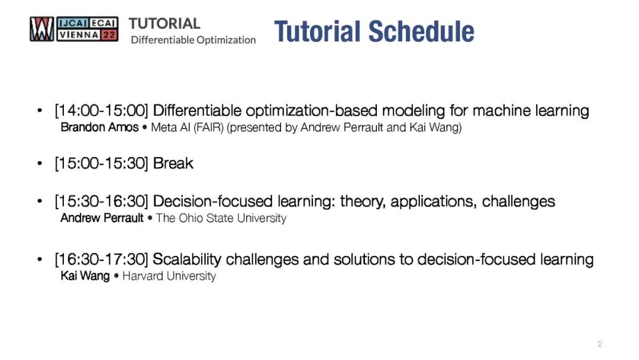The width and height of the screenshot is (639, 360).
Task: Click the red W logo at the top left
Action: click(x=41, y=29)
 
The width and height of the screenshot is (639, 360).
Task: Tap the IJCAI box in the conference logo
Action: click(x=72, y=23)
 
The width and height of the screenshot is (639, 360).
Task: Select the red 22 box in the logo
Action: click(x=109, y=35)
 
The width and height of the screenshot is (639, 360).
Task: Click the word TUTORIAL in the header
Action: click(x=164, y=24)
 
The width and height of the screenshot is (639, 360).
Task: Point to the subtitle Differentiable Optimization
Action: click(x=193, y=40)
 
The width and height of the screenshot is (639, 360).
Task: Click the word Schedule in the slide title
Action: click(x=421, y=31)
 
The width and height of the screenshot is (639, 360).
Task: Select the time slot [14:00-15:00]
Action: click(x=101, y=111)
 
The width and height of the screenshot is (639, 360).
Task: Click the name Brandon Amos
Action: click(x=99, y=127)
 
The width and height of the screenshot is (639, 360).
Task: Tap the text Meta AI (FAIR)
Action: click(x=188, y=128)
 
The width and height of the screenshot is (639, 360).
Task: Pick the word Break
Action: click(x=173, y=163)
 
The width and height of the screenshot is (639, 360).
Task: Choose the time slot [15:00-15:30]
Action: click(x=101, y=163)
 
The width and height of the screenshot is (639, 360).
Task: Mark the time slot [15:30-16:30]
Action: click(x=101, y=201)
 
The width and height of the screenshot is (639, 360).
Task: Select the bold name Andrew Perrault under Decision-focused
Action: click(x=102, y=218)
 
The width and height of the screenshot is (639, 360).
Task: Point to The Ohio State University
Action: click(x=221, y=218)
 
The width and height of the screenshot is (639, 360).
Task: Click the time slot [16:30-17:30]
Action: click(x=101, y=259)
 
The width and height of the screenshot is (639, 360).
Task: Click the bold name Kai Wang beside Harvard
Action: click(x=85, y=276)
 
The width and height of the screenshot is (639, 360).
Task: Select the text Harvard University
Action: click(x=169, y=276)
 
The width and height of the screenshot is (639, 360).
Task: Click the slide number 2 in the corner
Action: click(x=599, y=343)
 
